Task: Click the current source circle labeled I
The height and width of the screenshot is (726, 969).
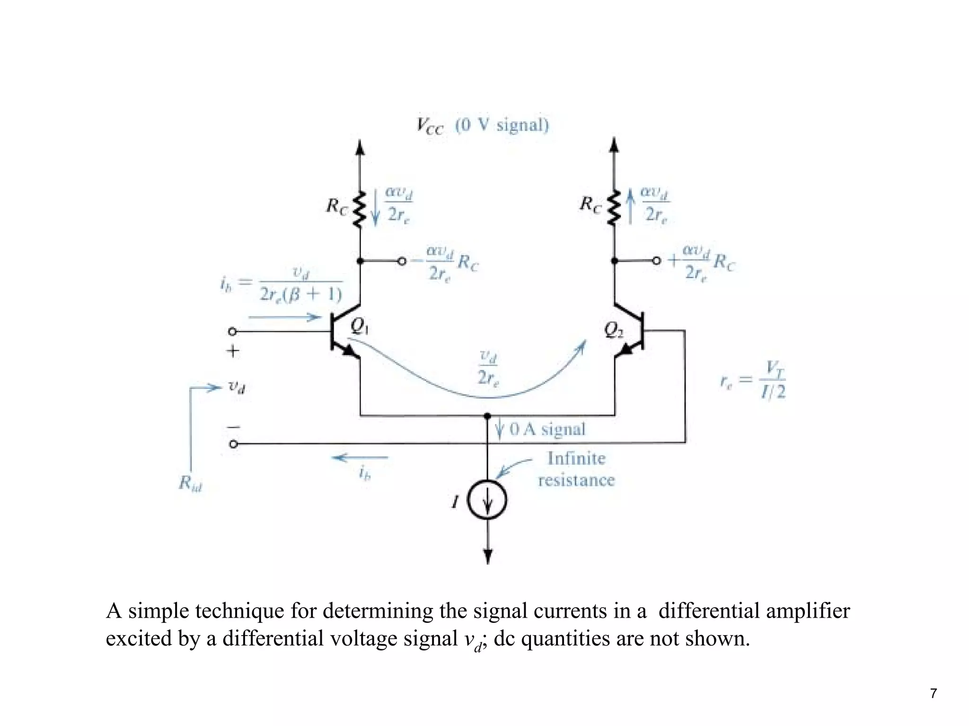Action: [x=487, y=500]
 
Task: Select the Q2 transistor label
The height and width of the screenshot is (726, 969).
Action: [x=614, y=329]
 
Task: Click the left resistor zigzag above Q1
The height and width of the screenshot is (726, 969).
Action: [x=360, y=209]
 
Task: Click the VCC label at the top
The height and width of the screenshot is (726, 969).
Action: [x=430, y=126]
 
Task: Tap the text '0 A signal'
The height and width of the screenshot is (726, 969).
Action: [x=547, y=429]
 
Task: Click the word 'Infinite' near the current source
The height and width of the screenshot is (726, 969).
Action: [x=576, y=458]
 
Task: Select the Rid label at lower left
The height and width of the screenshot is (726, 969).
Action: [x=190, y=483]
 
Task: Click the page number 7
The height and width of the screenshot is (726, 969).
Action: [x=933, y=693]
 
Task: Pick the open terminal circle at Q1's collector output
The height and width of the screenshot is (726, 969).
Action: [x=402, y=261]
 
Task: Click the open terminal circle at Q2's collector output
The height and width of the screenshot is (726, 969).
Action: [x=656, y=261]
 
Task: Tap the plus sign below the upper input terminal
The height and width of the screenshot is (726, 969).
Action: [x=233, y=351]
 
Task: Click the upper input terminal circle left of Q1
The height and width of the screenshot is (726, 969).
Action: [x=232, y=331]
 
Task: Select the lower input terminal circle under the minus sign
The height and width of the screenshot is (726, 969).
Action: [x=233, y=444]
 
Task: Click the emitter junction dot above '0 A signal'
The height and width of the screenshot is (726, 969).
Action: [x=487, y=416]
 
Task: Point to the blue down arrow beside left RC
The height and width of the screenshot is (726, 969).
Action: [x=375, y=207]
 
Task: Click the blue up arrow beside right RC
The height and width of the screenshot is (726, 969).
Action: [x=630, y=206]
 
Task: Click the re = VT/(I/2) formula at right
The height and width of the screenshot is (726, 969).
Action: [x=752, y=380]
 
